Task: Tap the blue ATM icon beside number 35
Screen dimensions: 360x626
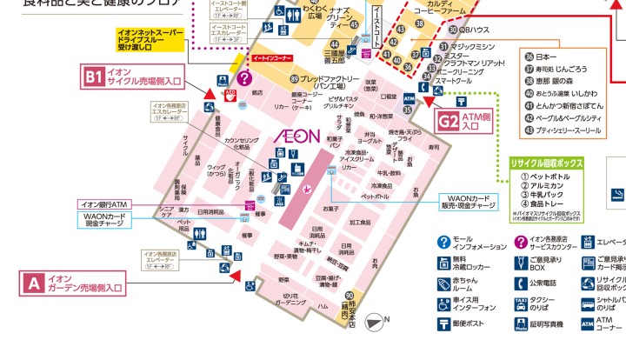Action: tap(410, 99)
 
